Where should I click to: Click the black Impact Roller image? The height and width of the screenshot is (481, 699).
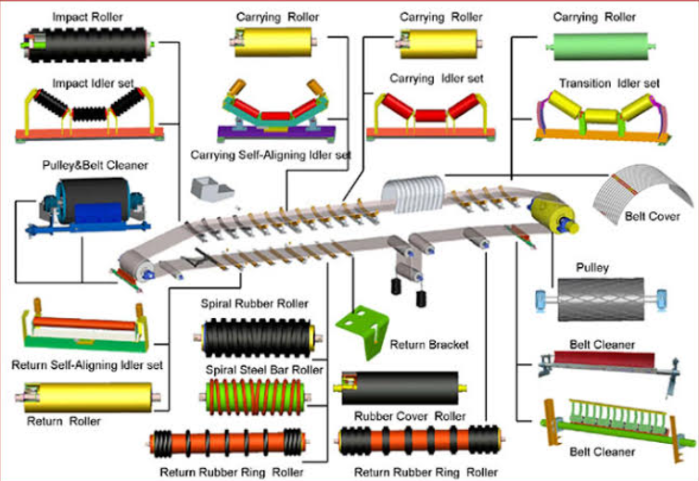coord(88,44)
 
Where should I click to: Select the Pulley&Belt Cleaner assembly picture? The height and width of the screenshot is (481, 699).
coord(88,203)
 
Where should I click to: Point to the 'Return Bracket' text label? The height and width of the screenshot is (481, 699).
coord(429,345)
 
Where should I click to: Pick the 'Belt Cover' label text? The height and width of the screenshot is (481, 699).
coord(653,216)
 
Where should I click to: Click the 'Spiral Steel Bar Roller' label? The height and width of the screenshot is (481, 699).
coord(264,369)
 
